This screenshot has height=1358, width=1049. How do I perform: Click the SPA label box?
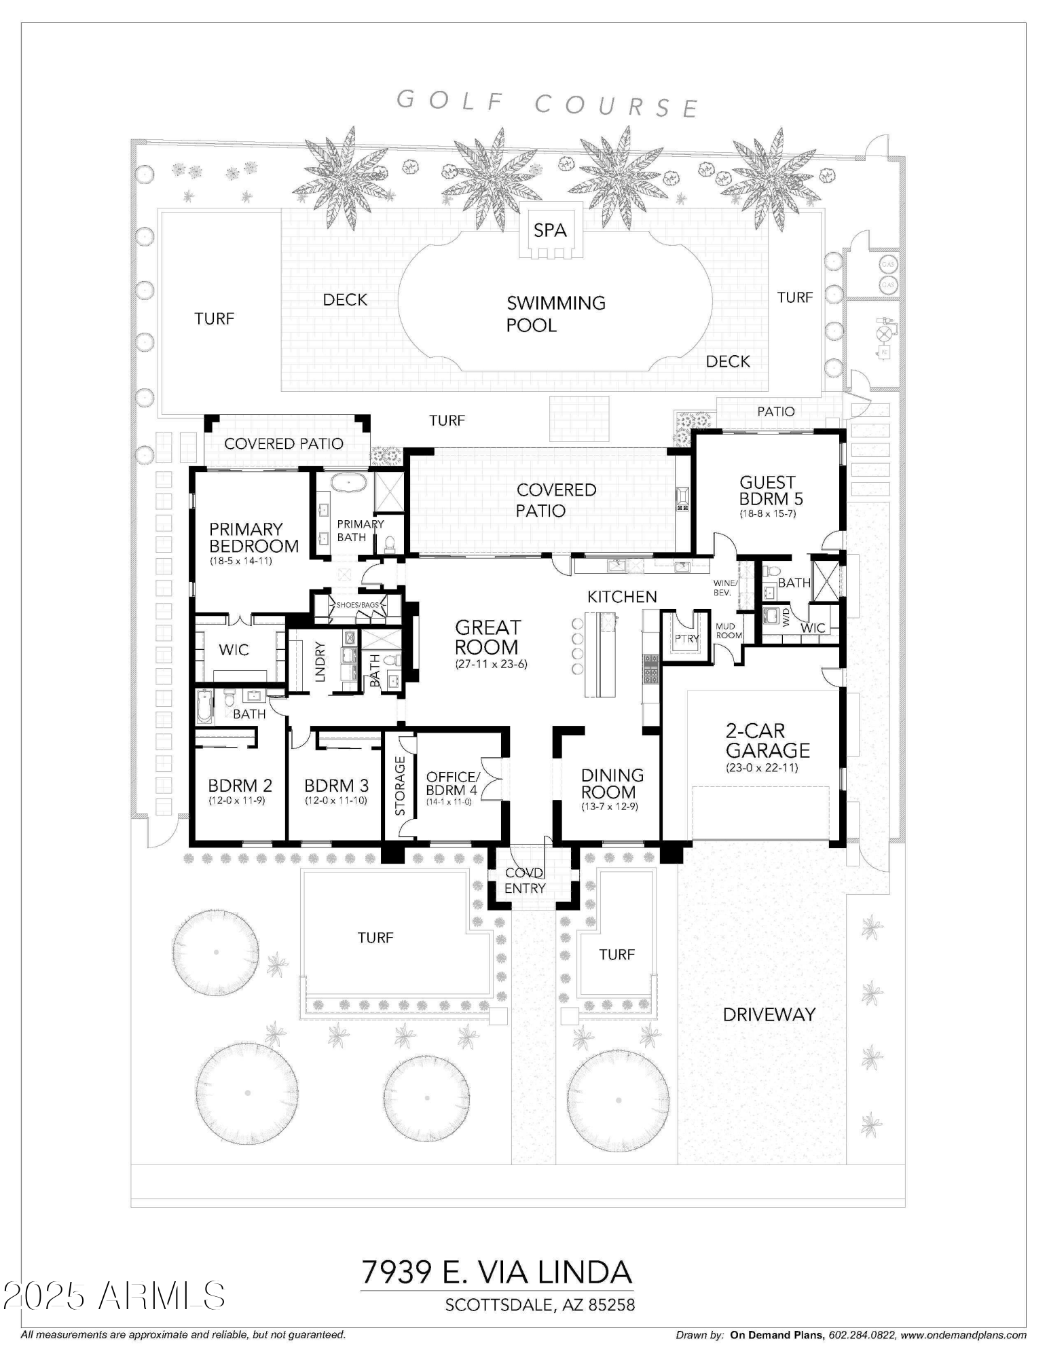coord(549,230)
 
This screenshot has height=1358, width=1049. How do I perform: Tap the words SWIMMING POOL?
coord(556,314)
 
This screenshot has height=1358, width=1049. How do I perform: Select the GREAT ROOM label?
coord(487,637)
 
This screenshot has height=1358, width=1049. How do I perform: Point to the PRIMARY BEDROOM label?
coord(254,537)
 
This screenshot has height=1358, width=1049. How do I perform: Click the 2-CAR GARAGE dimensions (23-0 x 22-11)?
coord(762,768)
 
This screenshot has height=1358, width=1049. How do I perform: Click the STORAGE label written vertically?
coord(400,786)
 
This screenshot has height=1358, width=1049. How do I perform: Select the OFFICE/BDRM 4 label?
coord(453,783)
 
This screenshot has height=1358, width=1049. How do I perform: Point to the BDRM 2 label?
coord(240,786)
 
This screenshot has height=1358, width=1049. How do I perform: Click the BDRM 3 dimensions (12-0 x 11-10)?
coord(337,801)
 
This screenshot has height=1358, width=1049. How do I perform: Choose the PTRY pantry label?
coord(686,638)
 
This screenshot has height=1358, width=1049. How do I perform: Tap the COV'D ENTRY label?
coord(525,880)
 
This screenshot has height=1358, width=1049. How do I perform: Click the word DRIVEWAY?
coord(769,1014)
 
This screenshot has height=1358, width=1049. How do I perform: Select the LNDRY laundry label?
coord(320,661)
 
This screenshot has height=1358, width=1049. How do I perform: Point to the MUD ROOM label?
coord(729,631)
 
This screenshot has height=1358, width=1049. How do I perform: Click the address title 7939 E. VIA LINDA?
coord(496,1272)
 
